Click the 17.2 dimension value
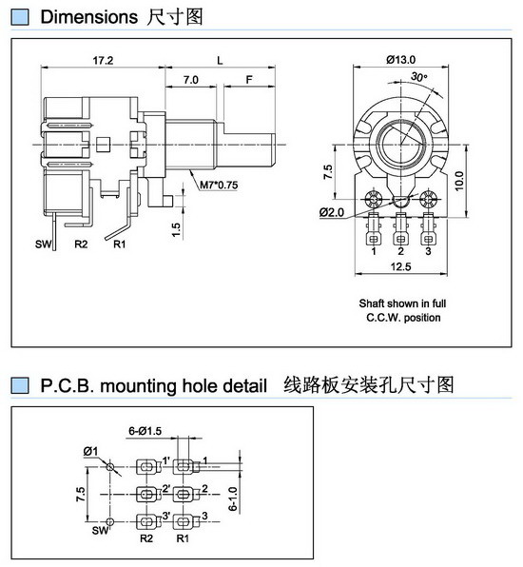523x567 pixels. [103, 60]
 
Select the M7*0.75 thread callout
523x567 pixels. [219, 186]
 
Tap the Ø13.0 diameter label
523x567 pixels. [401, 59]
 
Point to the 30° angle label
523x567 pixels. [419, 77]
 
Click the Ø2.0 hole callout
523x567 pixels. [332, 212]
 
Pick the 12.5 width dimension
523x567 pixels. [401, 266]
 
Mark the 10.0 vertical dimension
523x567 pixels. [458, 181]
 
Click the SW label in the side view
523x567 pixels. [43, 244]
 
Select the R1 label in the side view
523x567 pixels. [120, 244]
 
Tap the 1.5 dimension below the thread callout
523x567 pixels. [176, 230]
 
